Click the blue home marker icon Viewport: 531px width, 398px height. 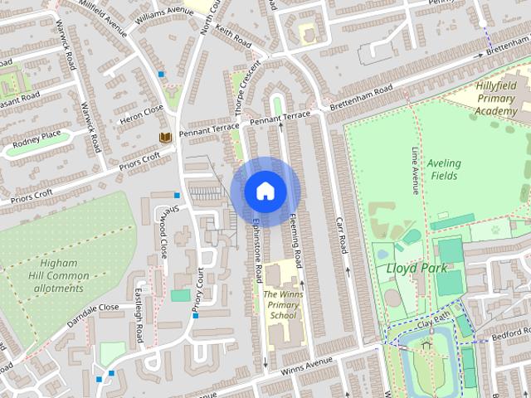(x=265, y=191)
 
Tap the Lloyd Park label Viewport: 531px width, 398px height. (x=417, y=268)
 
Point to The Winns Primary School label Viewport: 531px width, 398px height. (x=280, y=304)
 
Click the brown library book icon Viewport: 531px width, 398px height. (x=164, y=137)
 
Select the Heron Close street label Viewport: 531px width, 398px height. (x=142, y=111)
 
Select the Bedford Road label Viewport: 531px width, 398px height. (x=508, y=334)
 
